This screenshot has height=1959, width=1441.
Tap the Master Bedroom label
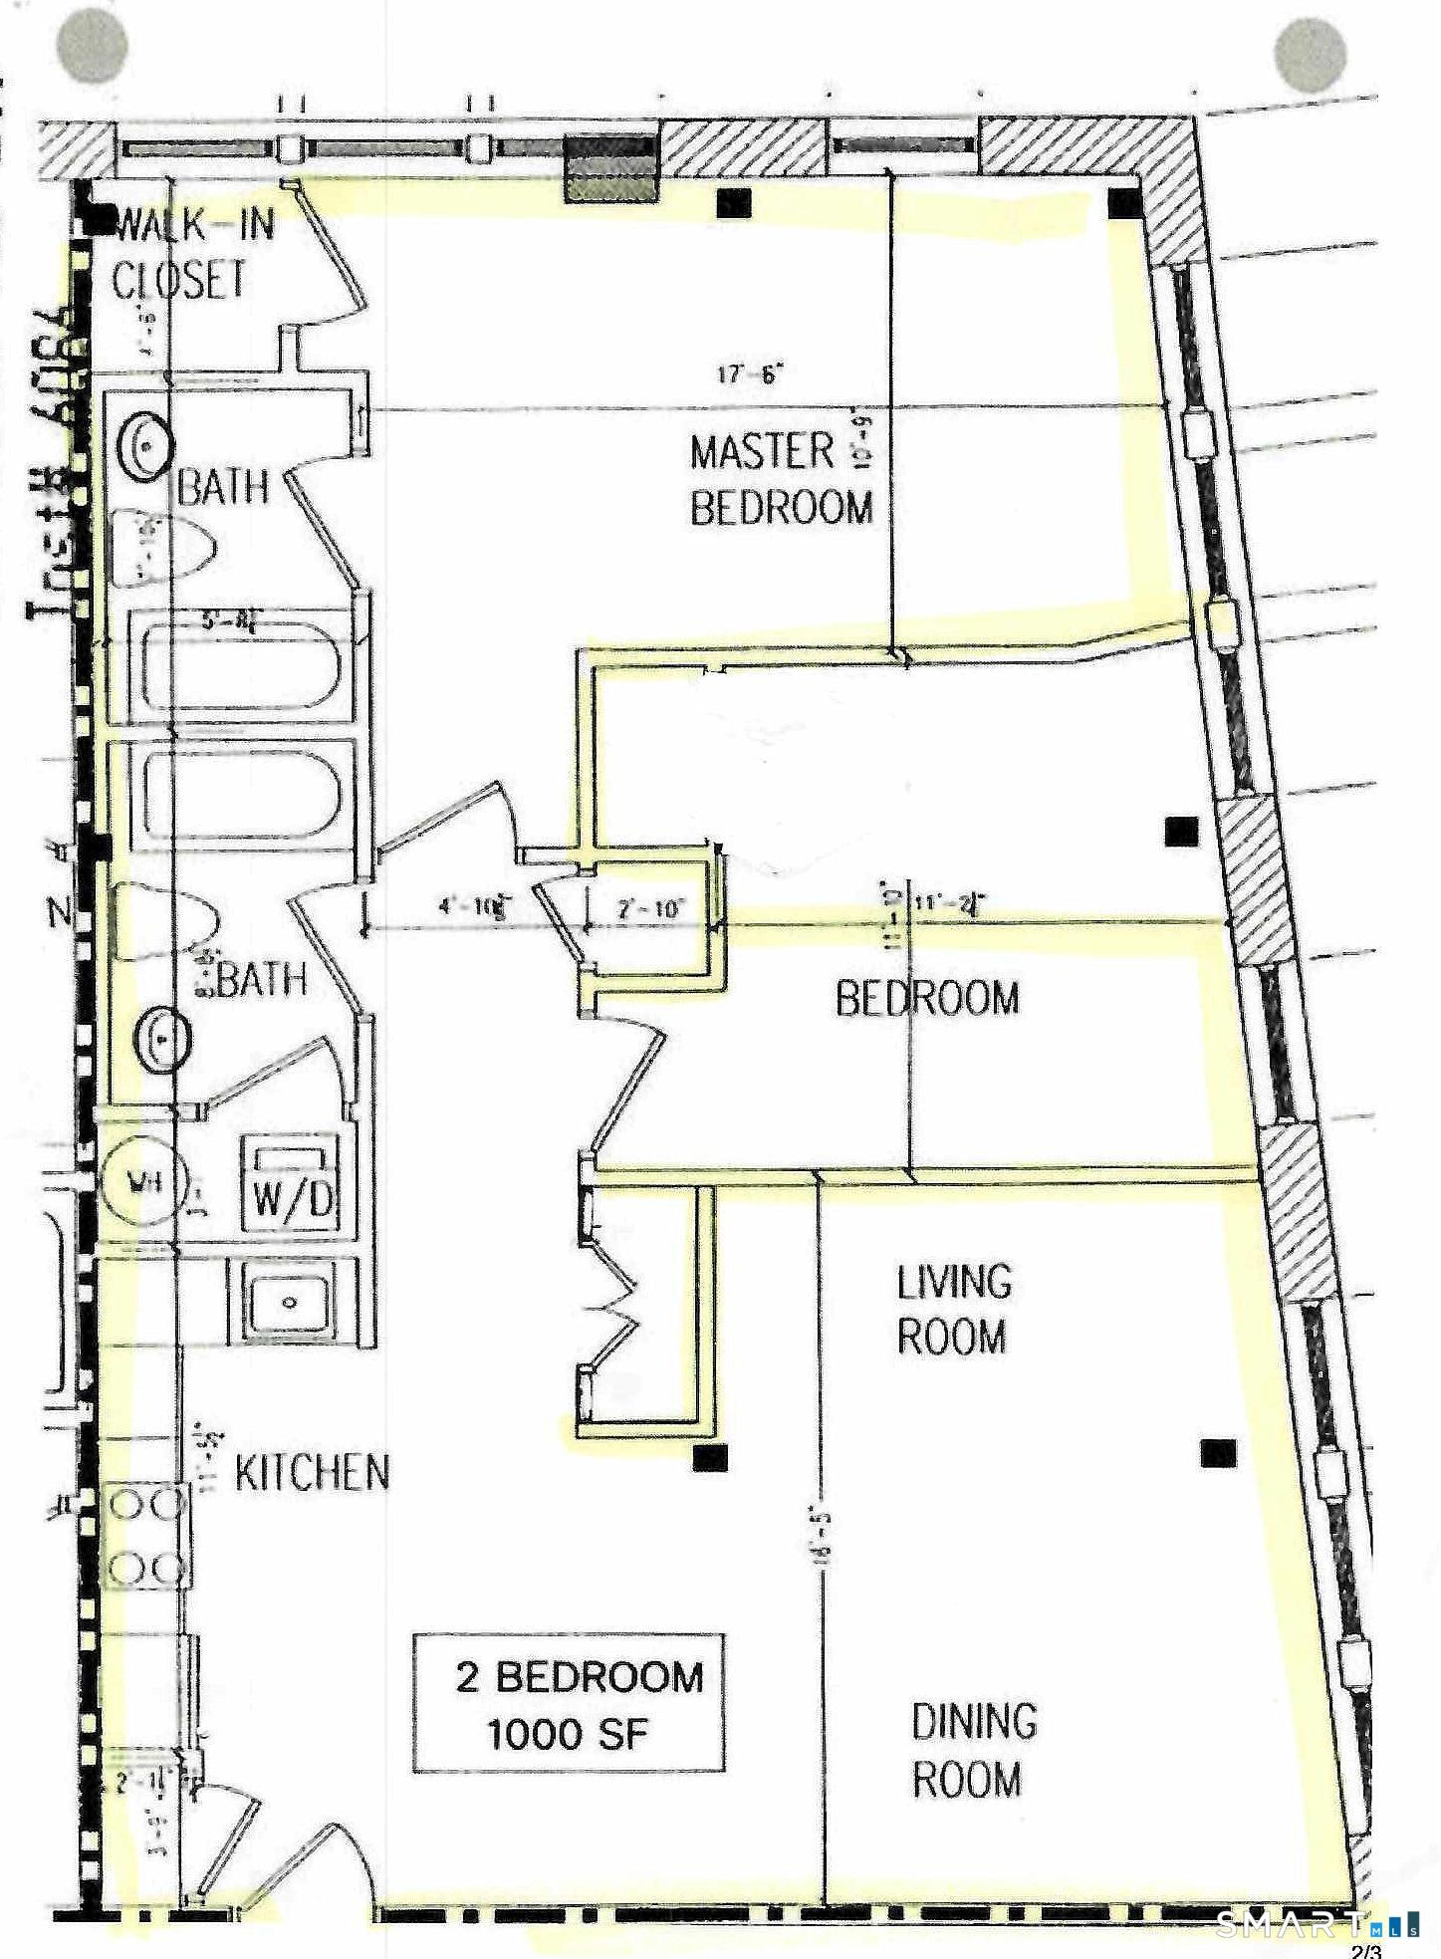pyautogui.click(x=780, y=479)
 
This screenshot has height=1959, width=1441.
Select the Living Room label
pyautogui.click(x=953, y=1309)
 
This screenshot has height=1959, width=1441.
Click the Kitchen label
pyautogui.click(x=312, y=1473)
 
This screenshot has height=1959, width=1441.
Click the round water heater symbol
pyautogui.click(x=143, y=1182)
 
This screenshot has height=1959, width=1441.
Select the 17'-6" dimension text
pyautogui.click(x=751, y=374)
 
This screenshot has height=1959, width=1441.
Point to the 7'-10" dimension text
pyautogui.click(x=651, y=907)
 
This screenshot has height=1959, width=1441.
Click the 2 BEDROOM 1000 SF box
pyautogui.click(x=569, y=1704)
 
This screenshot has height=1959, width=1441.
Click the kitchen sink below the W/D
pyautogui.click(x=290, y=1301)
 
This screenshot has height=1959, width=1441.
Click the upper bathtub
pyautogui.click(x=241, y=664)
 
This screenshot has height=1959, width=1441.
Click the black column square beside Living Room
pyautogui.click(x=1217, y=1453)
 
